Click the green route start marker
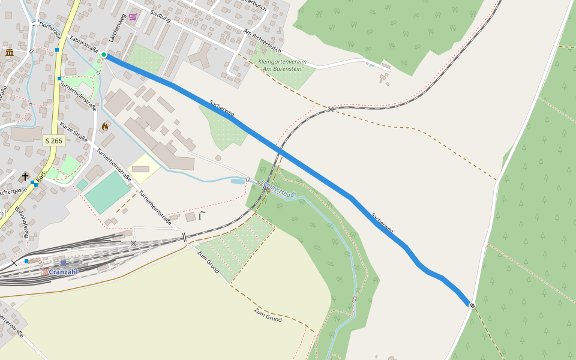coord(104,55)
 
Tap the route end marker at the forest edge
coord(472,305)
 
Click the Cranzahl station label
coord(63,272)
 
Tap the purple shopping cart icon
coord(133,17)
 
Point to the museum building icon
coord(10,53)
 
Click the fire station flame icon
coord(105,127)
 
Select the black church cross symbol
coord(25,176)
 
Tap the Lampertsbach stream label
coord(279,190)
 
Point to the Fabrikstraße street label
coord(84,44)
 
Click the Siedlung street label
coord(160,16)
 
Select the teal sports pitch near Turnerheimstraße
coord(108,191)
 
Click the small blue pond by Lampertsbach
coord(238,181)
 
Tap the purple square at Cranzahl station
coord(63,263)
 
